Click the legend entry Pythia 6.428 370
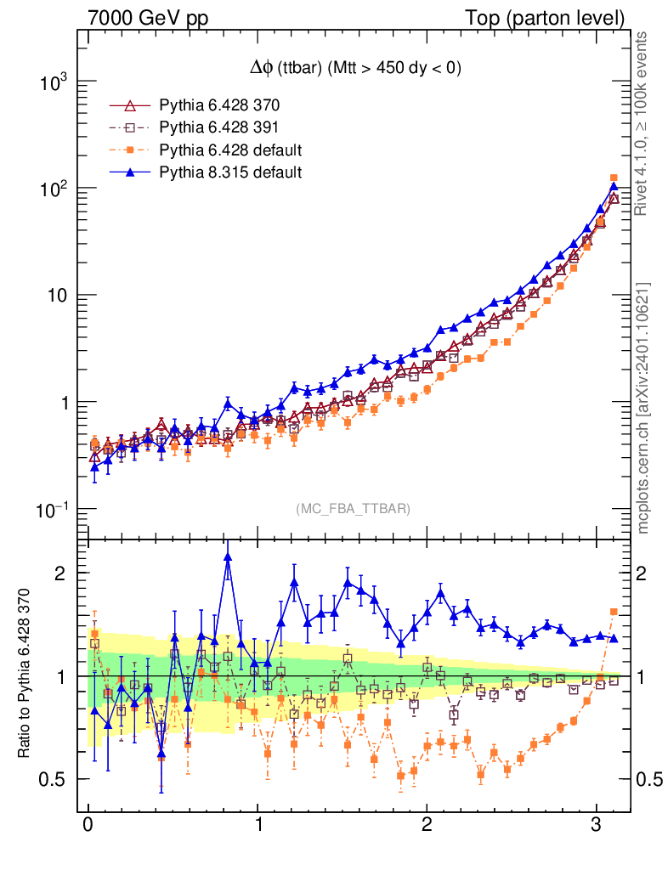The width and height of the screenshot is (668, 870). pos(219,106)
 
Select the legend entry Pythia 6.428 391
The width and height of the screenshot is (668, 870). pos(219,128)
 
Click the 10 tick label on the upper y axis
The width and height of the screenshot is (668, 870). pos(56,296)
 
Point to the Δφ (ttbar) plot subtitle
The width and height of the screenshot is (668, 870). pos(354,70)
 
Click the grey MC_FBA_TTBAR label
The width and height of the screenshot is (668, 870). pos(354,509)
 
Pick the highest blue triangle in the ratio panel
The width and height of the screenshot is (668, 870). pos(228,556)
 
